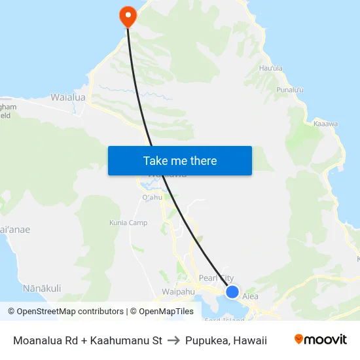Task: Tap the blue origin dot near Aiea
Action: pyautogui.click(x=232, y=292)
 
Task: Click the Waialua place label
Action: pyautogui.click(x=68, y=98)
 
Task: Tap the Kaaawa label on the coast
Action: pyautogui.click(x=325, y=123)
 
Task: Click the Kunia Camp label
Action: pyautogui.click(x=128, y=223)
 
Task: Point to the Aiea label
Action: pyautogui.click(x=251, y=297)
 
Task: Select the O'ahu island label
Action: pyautogui.click(x=152, y=198)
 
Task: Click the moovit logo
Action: pyautogui.click(x=321, y=339)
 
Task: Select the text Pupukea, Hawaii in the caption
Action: pyautogui.click(x=226, y=340)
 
